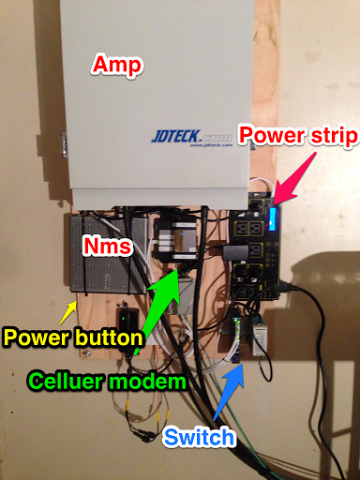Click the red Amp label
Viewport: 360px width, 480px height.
tap(118, 65)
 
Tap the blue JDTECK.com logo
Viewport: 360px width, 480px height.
tap(191, 137)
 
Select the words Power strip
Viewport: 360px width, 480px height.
tap(298, 136)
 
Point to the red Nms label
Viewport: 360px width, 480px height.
tap(108, 246)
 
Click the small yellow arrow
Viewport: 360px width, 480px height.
tap(67, 312)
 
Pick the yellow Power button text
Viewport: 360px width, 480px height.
tap(72, 337)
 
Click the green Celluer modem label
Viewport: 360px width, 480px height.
tap(107, 382)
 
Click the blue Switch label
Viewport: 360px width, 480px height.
tap(199, 437)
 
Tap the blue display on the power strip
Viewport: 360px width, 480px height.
tap(273, 218)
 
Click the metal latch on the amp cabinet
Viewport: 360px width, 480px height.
tap(65, 143)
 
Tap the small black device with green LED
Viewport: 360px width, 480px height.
tap(127, 325)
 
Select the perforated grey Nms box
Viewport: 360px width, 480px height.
tap(108, 254)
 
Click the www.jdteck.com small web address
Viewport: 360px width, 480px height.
tap(211, 145)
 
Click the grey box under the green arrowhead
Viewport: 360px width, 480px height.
tap(181, 295)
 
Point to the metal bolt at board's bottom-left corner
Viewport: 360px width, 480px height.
tap(86, 353)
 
